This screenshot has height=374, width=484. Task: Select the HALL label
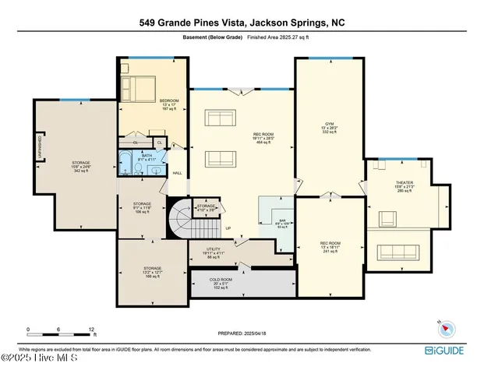click(177, 173)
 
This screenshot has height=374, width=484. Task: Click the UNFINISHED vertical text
click(39, 147)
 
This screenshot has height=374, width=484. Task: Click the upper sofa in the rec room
click(220, 119)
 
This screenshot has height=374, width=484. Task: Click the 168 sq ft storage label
click(152, 272)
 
